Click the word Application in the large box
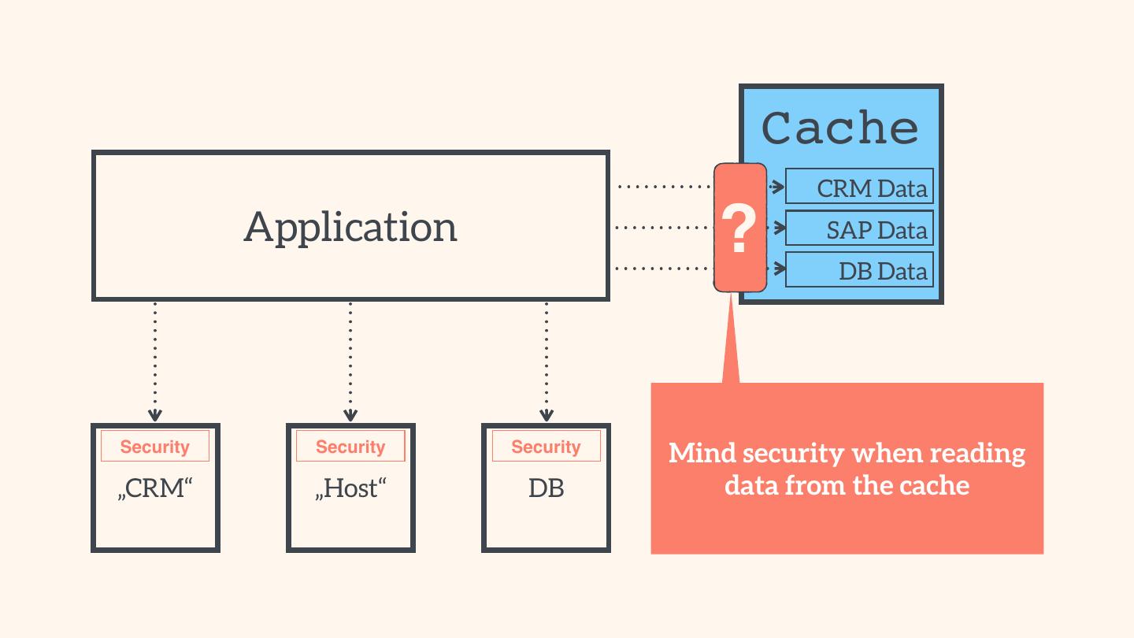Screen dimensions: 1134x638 click(350, 227)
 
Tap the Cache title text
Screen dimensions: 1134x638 click(839, 128)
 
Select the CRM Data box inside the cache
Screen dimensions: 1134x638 click(859, 187)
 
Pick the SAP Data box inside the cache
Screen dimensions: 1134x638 click(859, 228)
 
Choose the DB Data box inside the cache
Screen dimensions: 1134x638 click(859, 269)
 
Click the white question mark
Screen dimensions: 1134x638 click(739, 228)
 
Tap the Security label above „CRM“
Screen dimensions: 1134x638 click(155, 446)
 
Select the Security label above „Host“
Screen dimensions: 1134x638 click(350, 446)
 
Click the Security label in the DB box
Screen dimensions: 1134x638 click(546, 446)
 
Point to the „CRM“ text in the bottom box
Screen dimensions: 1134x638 click(155, 488)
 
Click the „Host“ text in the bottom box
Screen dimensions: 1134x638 click(350, 488)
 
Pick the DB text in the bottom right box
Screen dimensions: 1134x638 click(546, 488)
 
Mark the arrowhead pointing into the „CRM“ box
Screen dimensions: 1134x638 click(155, 415)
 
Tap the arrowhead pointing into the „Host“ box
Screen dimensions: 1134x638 click(350, 415)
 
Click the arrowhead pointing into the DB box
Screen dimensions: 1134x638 click(547, 415)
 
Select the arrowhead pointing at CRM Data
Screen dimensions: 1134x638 click(778, 187)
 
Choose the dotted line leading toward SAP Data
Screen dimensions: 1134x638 click(663, 228)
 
